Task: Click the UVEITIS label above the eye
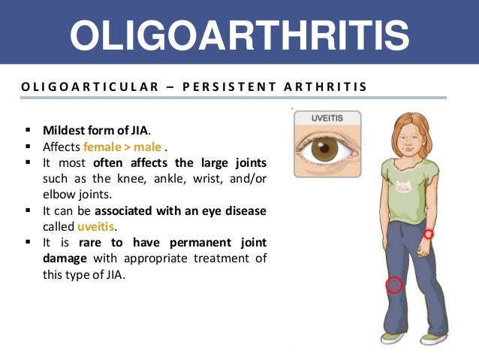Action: coord(326,119)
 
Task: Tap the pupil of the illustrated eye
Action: coord(324,147)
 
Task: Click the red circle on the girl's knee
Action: coord(394,285)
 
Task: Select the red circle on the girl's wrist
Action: coord(428,234)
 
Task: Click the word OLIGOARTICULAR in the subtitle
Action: coord(83,86)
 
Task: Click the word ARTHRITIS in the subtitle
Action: coord(326,86)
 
